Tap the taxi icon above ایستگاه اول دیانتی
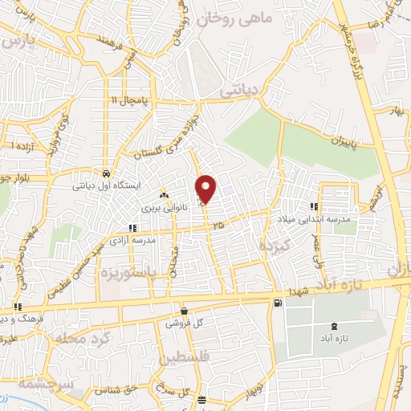[106, 173]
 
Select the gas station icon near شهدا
[278, 303]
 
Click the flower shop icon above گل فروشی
[185, 311]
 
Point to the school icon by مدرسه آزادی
[132, 228]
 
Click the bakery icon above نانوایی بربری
[164, 195]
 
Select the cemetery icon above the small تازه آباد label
[334, 326]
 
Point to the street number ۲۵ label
[219, 226]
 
